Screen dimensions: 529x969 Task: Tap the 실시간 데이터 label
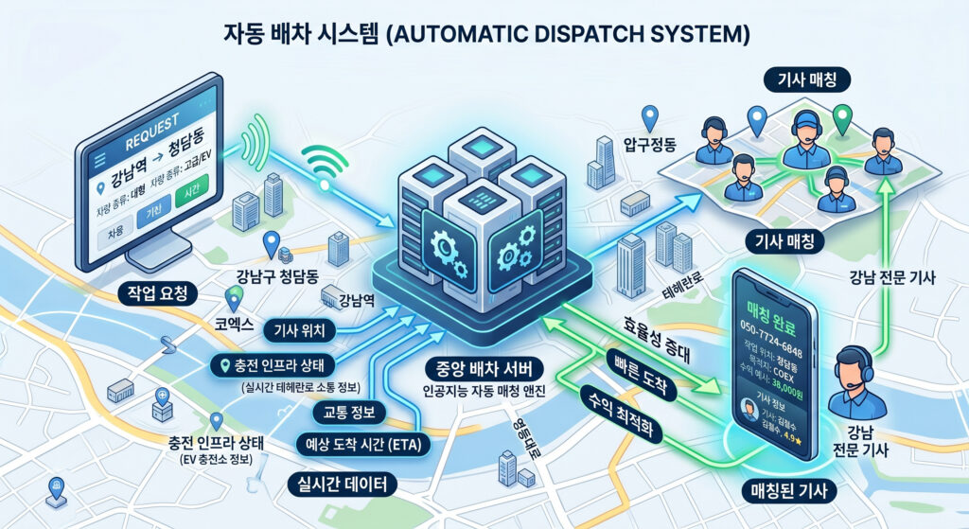coord(342,484)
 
